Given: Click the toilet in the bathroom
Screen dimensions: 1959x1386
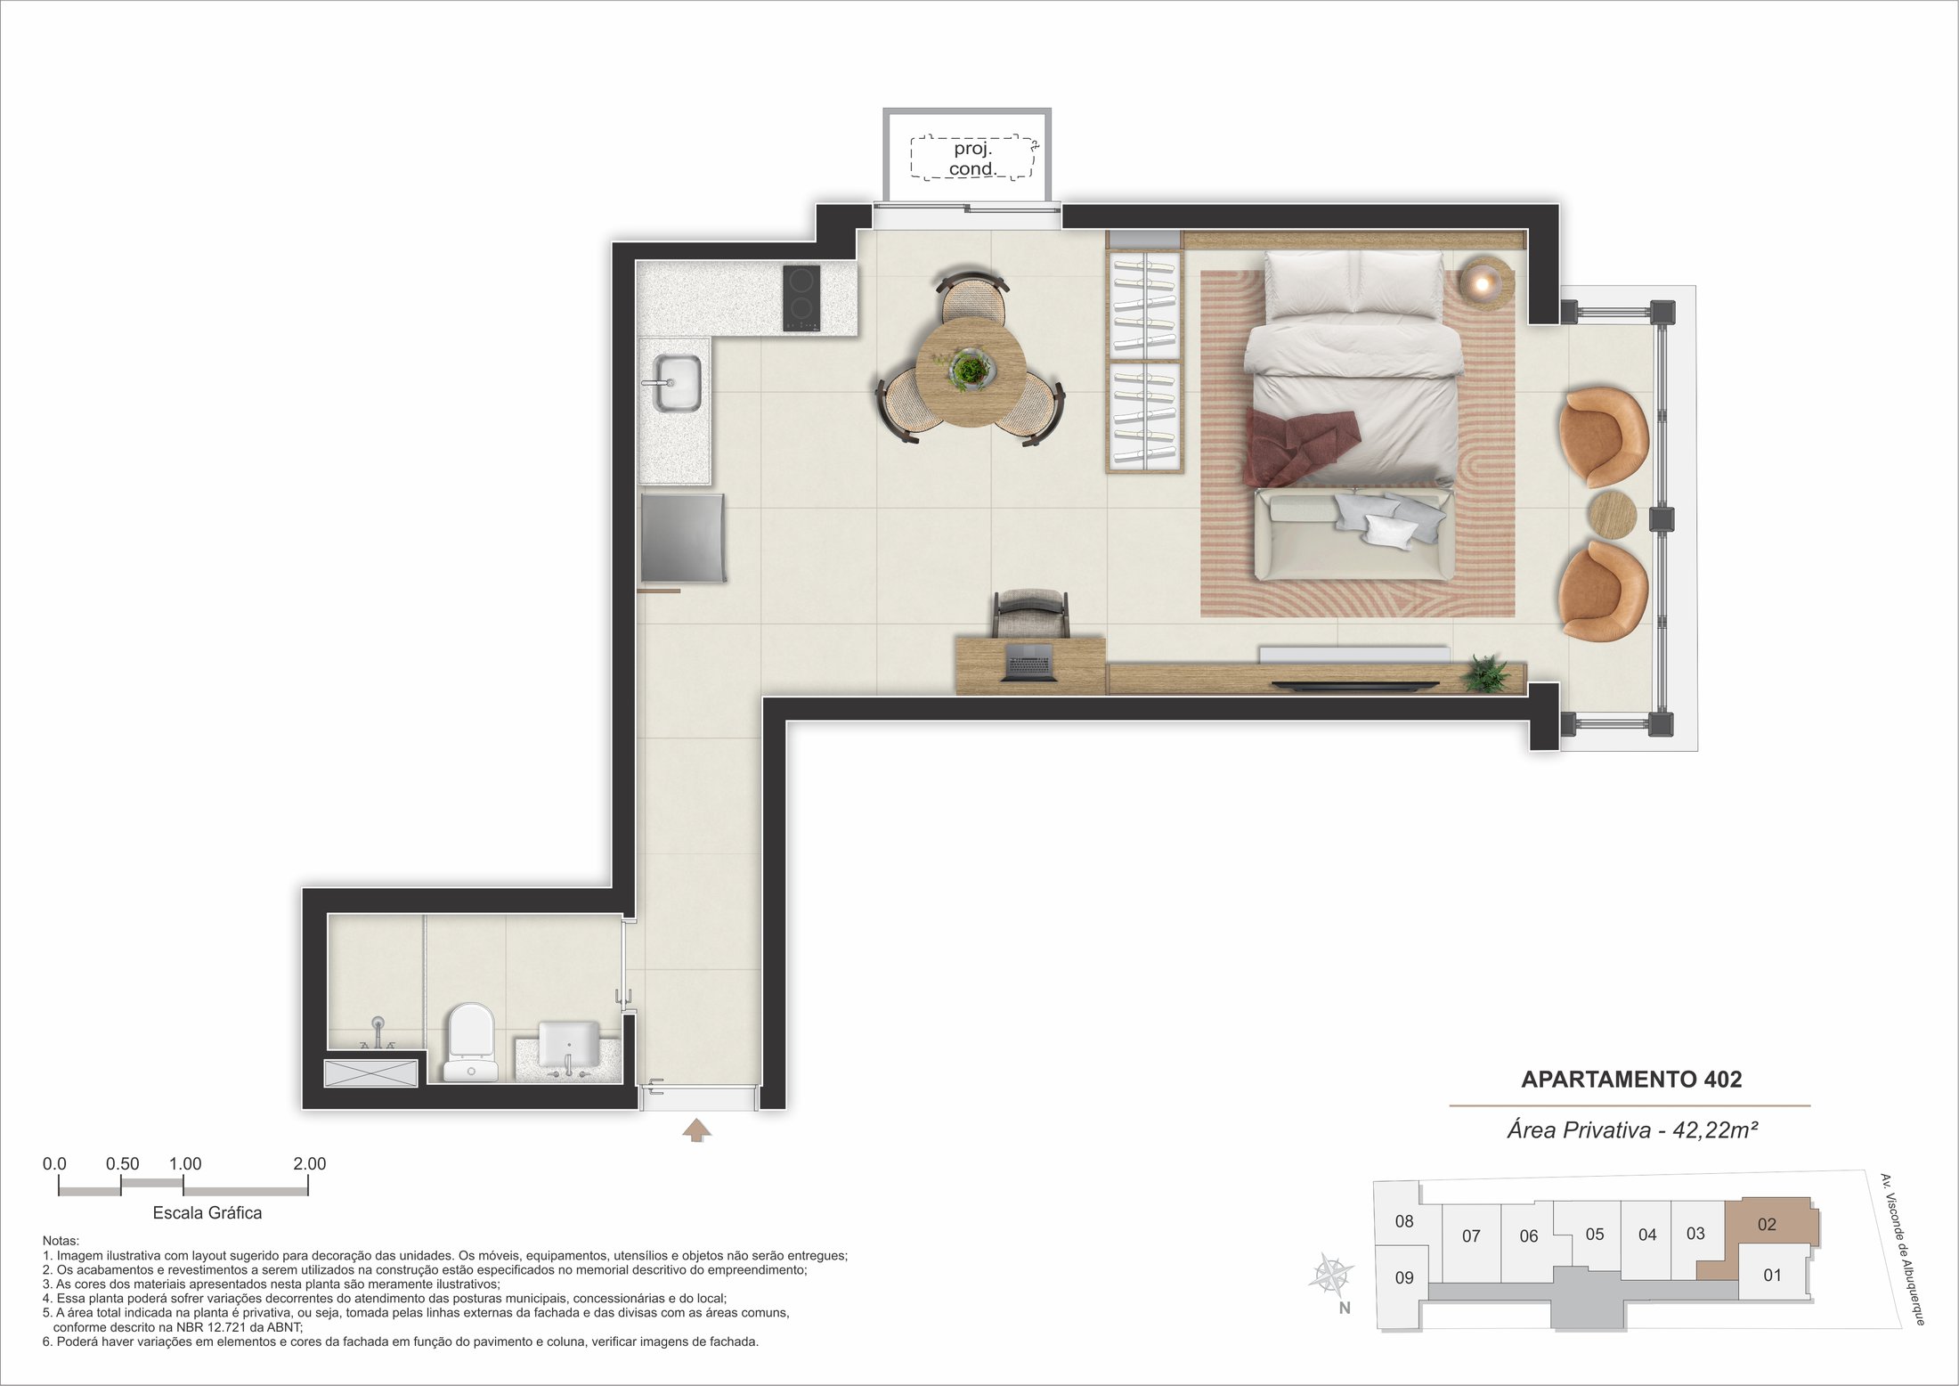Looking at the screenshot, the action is pos(469,1042).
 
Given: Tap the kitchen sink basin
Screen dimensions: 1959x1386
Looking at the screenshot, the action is pos(678,383).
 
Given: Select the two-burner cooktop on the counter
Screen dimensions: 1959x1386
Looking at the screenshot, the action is pos(801,298).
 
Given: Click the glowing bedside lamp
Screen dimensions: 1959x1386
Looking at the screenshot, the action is pos(1485,281).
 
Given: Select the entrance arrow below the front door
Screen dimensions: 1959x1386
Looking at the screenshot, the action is pos(696,1130).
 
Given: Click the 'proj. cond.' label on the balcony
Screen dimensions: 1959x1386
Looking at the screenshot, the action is pos(972,159).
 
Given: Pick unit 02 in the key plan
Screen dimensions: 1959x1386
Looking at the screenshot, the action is pos(1768,1225).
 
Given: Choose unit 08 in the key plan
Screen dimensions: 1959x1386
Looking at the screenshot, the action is pos(1404,1221).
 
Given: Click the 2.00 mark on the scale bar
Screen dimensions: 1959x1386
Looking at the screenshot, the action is pos(309,1163).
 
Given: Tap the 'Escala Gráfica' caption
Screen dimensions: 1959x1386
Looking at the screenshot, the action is pos(207,1213).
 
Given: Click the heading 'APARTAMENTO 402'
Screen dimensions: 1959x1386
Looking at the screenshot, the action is pos(1631,1080).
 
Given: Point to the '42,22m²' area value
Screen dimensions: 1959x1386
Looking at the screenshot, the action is pos(1715,1130).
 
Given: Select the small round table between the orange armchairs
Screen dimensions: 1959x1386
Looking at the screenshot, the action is pos(1613,514).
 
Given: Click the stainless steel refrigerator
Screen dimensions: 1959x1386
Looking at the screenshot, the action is pos(683,538).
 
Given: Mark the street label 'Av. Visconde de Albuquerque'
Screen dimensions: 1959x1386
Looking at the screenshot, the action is pos(1902,1250).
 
